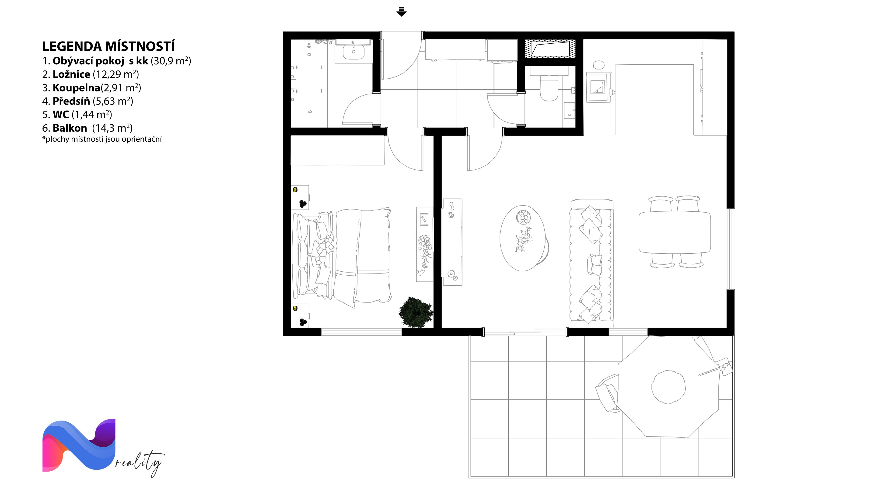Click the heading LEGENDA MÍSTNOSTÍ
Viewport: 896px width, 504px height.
point(108,46)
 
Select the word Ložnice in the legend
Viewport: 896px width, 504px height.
point(71,74)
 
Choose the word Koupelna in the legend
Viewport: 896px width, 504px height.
point(77,88)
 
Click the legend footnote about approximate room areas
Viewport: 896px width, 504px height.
point(102,139)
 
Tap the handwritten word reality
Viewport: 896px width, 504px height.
point(139,463)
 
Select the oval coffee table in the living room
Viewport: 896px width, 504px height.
point(523,238)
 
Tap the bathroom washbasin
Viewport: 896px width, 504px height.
point(353,52)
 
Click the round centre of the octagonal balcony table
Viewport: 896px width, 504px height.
point(668,387)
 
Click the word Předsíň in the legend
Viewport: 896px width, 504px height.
point(71,101)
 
